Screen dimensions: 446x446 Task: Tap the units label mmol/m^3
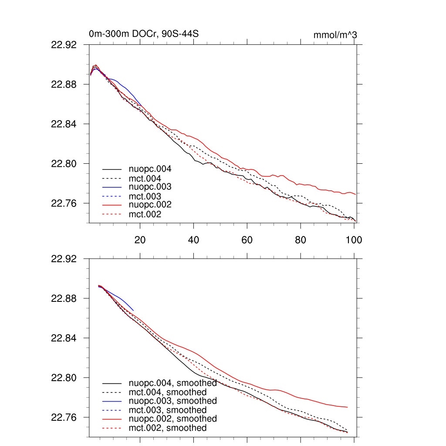[335, 35]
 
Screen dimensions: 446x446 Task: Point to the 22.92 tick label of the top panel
[64, 44]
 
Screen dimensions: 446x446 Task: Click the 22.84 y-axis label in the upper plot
[64, 124]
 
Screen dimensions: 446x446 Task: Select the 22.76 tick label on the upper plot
[64, 203]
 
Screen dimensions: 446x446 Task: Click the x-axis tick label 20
[140, 240]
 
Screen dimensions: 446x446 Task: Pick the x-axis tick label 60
[247, 240]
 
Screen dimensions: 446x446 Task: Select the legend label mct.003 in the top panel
[145, 196]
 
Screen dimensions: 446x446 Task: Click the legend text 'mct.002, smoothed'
[168, 428]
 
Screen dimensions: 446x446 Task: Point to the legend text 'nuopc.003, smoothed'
[172, 401]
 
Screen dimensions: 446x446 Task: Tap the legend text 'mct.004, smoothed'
[168, 392]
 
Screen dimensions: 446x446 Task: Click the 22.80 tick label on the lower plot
[64, 378]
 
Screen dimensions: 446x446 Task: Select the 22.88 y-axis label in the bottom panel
[64, 298]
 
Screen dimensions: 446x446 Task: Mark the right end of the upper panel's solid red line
[356, 194]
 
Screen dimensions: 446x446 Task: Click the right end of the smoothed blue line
[133, 310]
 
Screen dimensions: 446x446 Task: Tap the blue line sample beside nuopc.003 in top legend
[111, 187]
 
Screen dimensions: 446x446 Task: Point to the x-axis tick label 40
[193, 240]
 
